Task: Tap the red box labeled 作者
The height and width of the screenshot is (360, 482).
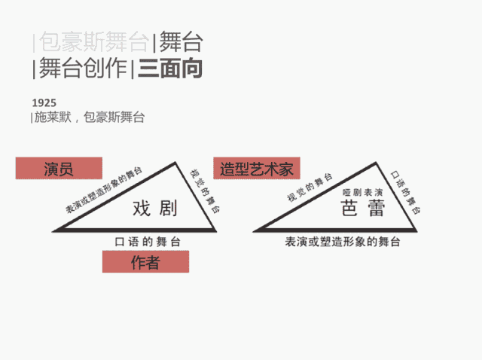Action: coord(145,261)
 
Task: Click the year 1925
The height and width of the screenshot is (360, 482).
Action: coord(44,102)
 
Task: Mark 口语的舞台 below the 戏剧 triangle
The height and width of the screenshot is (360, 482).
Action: coord(146,241)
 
